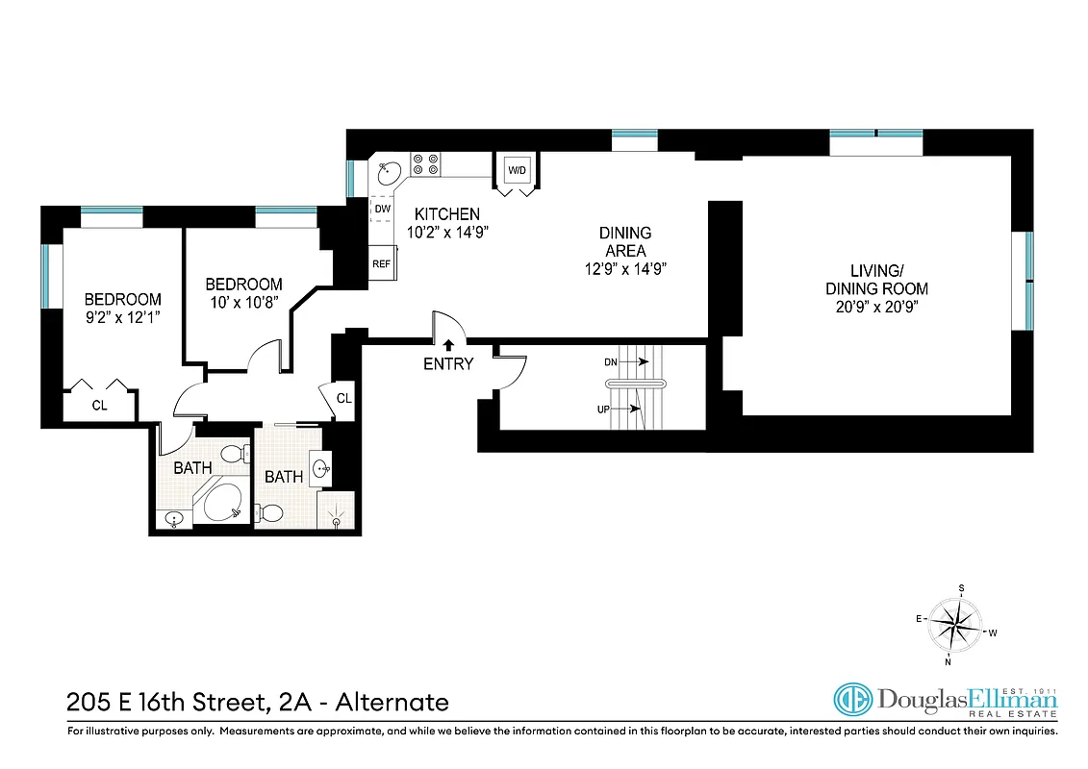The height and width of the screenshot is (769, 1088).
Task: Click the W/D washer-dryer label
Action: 518,171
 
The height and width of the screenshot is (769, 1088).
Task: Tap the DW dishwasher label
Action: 382,209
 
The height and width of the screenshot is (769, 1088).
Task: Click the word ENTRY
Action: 448,364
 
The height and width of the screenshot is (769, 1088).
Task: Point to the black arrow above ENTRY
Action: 448,344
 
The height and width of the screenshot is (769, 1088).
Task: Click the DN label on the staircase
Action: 611,362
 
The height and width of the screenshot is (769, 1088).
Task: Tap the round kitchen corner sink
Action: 390,173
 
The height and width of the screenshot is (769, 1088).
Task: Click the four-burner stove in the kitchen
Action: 425,164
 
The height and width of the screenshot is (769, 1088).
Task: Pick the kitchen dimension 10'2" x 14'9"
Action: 446,231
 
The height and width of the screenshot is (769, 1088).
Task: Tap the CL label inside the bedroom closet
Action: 99,406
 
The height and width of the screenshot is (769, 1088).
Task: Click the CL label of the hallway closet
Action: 344,398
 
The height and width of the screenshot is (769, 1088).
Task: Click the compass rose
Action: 955,625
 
